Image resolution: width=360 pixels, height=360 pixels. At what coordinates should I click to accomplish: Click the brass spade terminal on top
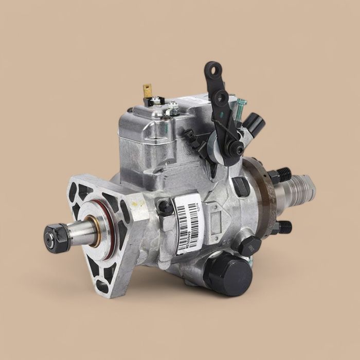tap(148, 92)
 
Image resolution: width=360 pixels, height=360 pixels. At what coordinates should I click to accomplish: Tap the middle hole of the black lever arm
tap(222, 96)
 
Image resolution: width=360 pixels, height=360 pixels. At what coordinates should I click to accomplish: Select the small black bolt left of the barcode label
tap(165, 208)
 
